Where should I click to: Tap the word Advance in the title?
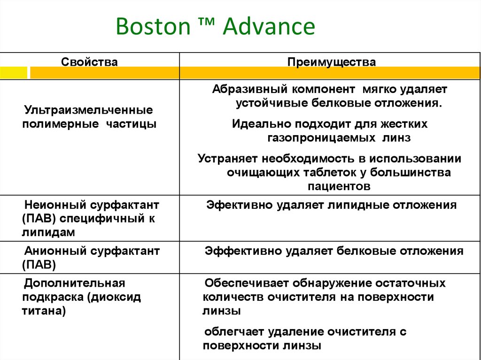269,27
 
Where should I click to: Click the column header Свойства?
90,62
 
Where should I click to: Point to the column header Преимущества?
332,62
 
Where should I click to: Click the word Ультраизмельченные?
88,111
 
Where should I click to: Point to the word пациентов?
339,186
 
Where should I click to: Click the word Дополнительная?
75,283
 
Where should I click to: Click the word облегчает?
234,332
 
